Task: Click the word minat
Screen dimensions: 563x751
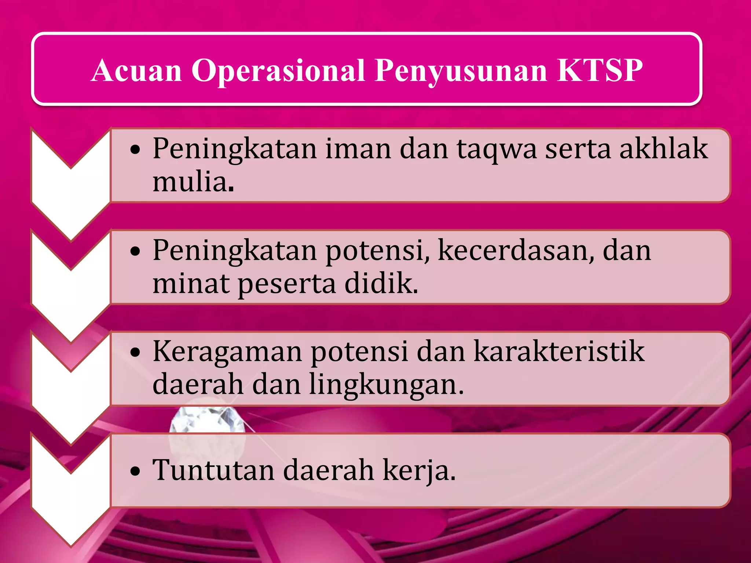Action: (191, 284)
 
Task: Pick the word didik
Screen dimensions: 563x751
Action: (381, 284)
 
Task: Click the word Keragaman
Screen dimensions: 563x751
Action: (227, 352)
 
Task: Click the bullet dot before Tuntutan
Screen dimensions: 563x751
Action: (135, 472)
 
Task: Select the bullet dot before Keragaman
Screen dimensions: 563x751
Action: (135, 353)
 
